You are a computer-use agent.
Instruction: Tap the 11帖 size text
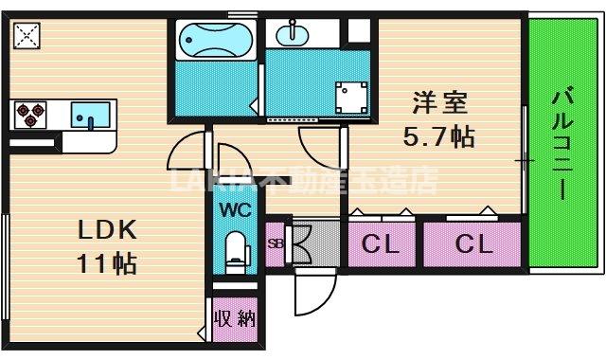107,262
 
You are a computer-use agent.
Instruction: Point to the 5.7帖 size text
438,137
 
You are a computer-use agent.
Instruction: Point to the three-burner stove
29,115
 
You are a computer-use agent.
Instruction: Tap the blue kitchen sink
90,115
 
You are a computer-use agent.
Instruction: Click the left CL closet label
381,245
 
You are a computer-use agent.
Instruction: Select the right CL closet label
472,245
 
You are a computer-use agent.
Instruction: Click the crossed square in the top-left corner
27,35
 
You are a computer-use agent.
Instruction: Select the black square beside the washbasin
357,28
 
